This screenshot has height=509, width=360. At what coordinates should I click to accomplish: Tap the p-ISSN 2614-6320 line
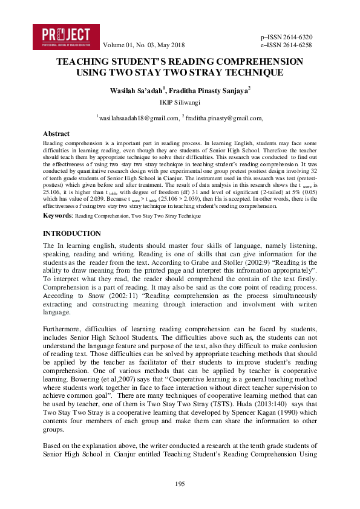286,37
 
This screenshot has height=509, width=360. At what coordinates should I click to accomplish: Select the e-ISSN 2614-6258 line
286,45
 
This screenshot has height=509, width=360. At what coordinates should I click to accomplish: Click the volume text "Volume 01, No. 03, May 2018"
145,45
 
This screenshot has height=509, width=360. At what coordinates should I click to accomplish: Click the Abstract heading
56,134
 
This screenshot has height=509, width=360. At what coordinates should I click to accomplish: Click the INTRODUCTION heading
72,233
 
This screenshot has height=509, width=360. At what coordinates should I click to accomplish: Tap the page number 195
180,484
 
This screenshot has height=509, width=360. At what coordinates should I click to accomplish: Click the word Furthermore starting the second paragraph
64,329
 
